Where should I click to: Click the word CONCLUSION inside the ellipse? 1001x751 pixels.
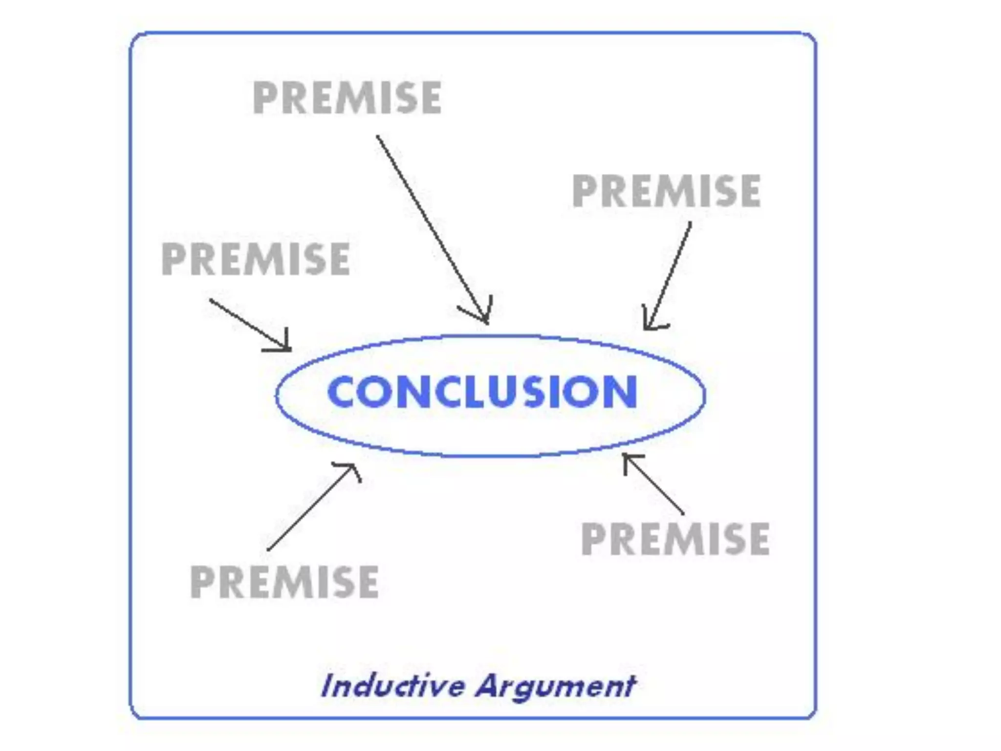pos(482,392)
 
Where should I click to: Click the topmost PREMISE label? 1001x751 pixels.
pos(347,98)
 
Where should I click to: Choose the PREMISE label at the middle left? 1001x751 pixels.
pos(256,259)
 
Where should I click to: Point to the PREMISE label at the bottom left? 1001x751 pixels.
pos(284,582)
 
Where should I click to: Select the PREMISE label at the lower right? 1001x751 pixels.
pos(675,538)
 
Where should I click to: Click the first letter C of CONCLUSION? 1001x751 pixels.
pos(343,392)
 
